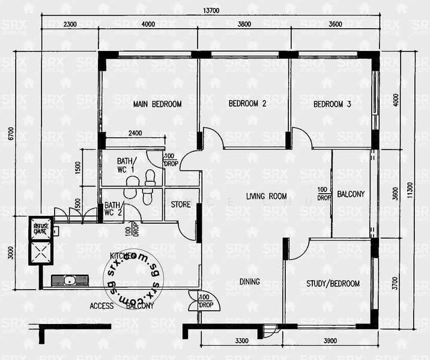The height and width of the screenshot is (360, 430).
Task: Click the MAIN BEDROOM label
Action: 157,104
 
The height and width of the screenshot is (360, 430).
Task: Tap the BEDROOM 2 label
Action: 247,103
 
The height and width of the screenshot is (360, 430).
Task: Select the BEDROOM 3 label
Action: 332,104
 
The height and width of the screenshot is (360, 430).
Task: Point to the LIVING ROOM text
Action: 266,196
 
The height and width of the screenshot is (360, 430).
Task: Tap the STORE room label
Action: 181,205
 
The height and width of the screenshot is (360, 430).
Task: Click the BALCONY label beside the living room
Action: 351,194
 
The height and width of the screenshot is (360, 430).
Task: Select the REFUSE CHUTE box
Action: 40,227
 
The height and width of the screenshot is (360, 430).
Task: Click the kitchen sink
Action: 70,280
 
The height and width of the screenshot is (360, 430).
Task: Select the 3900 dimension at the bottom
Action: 330,341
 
